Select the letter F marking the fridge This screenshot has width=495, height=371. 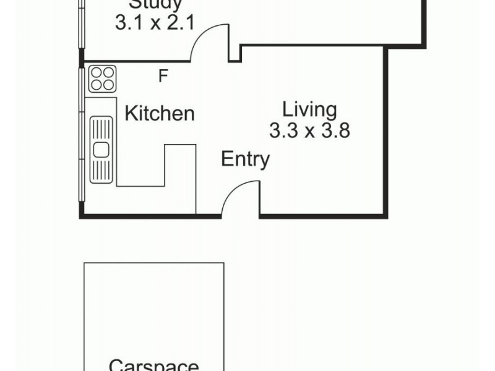pyautogui.click(x=163, y=76)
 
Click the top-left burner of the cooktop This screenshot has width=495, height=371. pyautogui.click(x=97, y=72)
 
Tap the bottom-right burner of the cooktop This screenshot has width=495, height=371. pyautogui.click(x=109, y=85)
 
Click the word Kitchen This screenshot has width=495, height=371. pyautogui.click(x=160, y=114)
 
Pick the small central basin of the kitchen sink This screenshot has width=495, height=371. pyautogui.click(x=101, y=149)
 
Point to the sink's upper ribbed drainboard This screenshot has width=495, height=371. pyautogui.click(x=101, y=129)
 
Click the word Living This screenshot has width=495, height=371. pyautogui.click(x=309, y=110)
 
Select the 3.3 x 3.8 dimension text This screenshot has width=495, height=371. pyautogui.click(x=309, y=130)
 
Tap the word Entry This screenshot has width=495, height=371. pyautogui.click(x=245, y=160)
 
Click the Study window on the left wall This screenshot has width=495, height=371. pyautogui.click(x=81, y=25)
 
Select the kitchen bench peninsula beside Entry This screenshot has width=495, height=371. pyautogui.click(x=180, y=179)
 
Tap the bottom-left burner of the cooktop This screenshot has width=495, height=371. pyautogui.click(x=97, y=85)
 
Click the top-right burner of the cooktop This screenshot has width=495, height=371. pyautogui.click(x=109, y=72)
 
